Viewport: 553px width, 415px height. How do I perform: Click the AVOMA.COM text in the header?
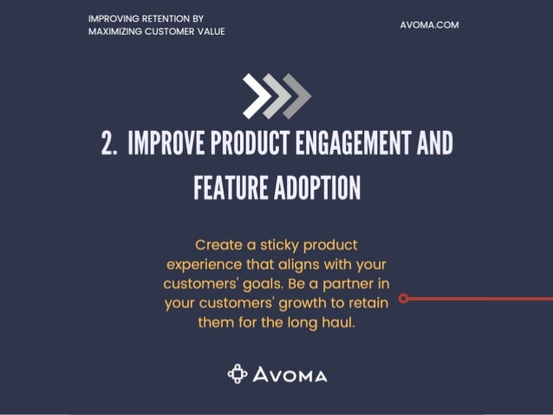(429, 25)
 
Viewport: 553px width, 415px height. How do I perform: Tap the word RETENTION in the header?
(163, 18)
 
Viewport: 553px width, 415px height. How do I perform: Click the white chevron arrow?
(256, 95)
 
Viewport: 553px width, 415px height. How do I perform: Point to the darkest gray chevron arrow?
(297, 95)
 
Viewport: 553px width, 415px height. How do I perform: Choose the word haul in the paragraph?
(336, 322)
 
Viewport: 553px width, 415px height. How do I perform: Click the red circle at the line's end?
(404, 298)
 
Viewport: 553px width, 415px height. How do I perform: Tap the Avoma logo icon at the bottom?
(237, 374)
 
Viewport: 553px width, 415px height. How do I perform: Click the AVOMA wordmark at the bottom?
(290, 375)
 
